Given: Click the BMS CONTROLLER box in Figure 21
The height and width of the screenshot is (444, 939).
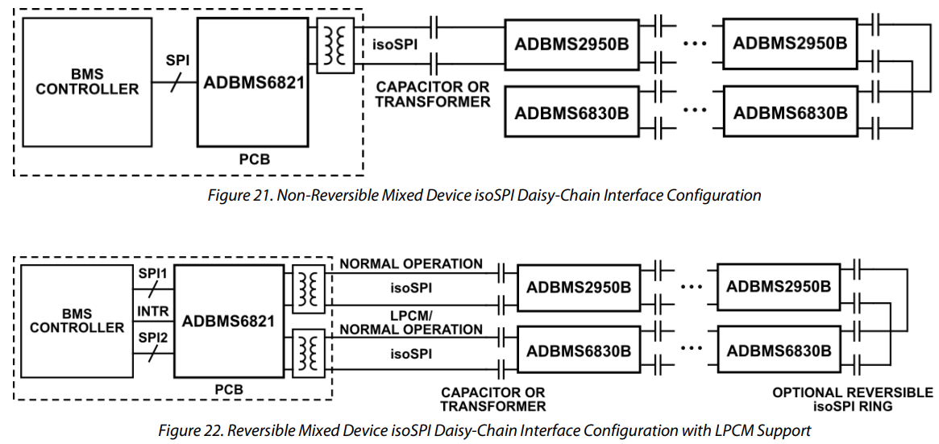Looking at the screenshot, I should coord(87,81).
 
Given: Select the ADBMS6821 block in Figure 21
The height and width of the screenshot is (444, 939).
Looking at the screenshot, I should coord(252,82).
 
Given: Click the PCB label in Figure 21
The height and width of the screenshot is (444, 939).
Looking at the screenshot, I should coord(254,160).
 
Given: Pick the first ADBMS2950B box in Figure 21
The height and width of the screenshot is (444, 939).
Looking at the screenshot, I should coord(571,43).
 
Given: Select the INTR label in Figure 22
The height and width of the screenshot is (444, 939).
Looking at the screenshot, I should coord(153,309).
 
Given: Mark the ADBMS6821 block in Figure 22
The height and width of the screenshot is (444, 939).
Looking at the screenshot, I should coord(228,321).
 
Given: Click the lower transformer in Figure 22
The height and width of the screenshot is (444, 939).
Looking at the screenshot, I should coord(307,352).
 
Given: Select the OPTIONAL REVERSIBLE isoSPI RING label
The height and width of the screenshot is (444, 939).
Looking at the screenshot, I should coord(852,400).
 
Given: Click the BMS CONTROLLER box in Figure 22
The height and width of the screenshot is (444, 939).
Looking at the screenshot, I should coord(77,321).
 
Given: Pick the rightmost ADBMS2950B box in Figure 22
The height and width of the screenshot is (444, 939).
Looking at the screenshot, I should coord(778,287).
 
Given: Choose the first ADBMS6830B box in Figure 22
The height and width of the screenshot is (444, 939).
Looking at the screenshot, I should coord(579,351).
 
